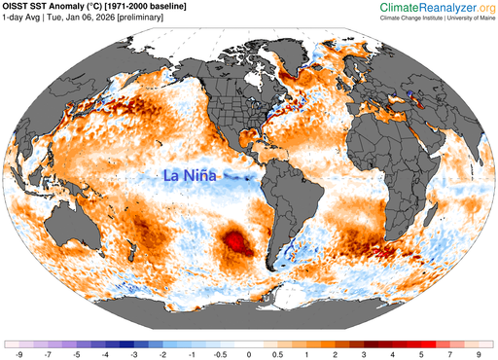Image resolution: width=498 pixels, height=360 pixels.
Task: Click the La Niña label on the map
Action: click(x=190, y=176)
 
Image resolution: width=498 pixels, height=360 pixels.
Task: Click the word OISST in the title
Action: click(x=19, y=9)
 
